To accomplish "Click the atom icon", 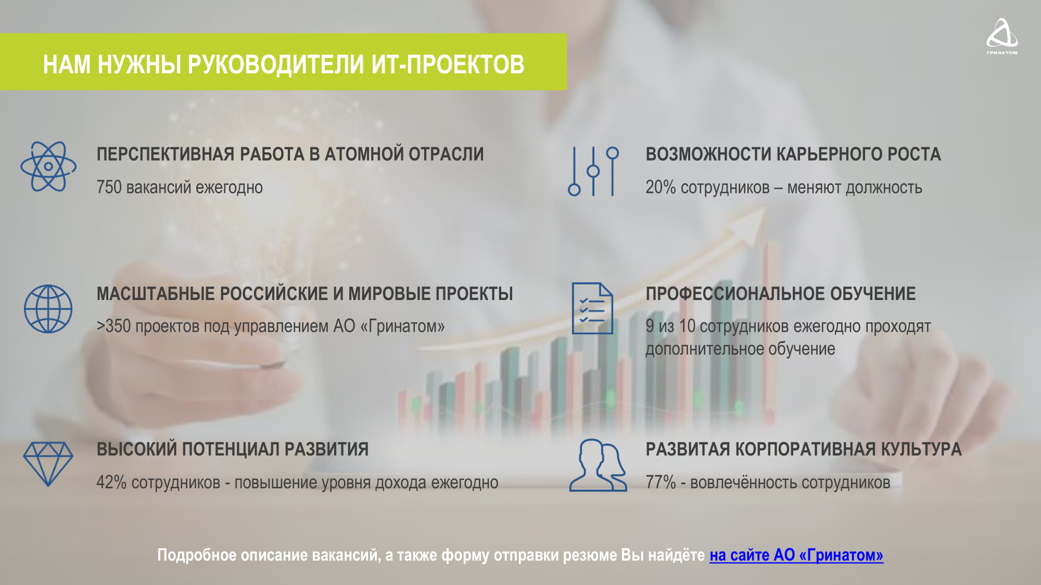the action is (x=48, y=166).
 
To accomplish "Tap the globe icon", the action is (x=48, y=309).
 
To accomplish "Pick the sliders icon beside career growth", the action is (x=593, y=171).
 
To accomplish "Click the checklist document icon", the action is (x=592, y=308).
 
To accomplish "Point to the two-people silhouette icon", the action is (x=598, y=465).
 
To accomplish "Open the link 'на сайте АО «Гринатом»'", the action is (x=796, y=555).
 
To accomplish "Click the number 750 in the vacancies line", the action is (x=109, y=187).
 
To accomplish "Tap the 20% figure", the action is (x=661, y=187).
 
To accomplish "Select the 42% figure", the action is (x=111, y=483).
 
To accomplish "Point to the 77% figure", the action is (x=661, y=483).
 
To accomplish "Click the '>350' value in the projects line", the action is (x=113, y=326).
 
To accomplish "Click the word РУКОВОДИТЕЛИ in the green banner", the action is (x=275, y=64).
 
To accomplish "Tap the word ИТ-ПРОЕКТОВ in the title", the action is (x=448, y=64).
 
